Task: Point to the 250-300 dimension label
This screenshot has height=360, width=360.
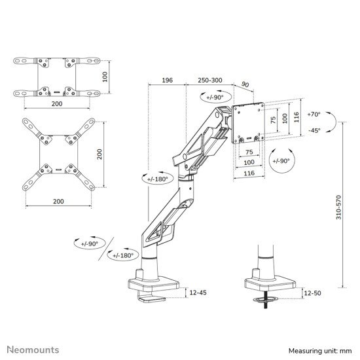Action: click(x=210, y=81)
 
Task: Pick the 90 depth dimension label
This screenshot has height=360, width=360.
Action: click(x=245, y=84)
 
